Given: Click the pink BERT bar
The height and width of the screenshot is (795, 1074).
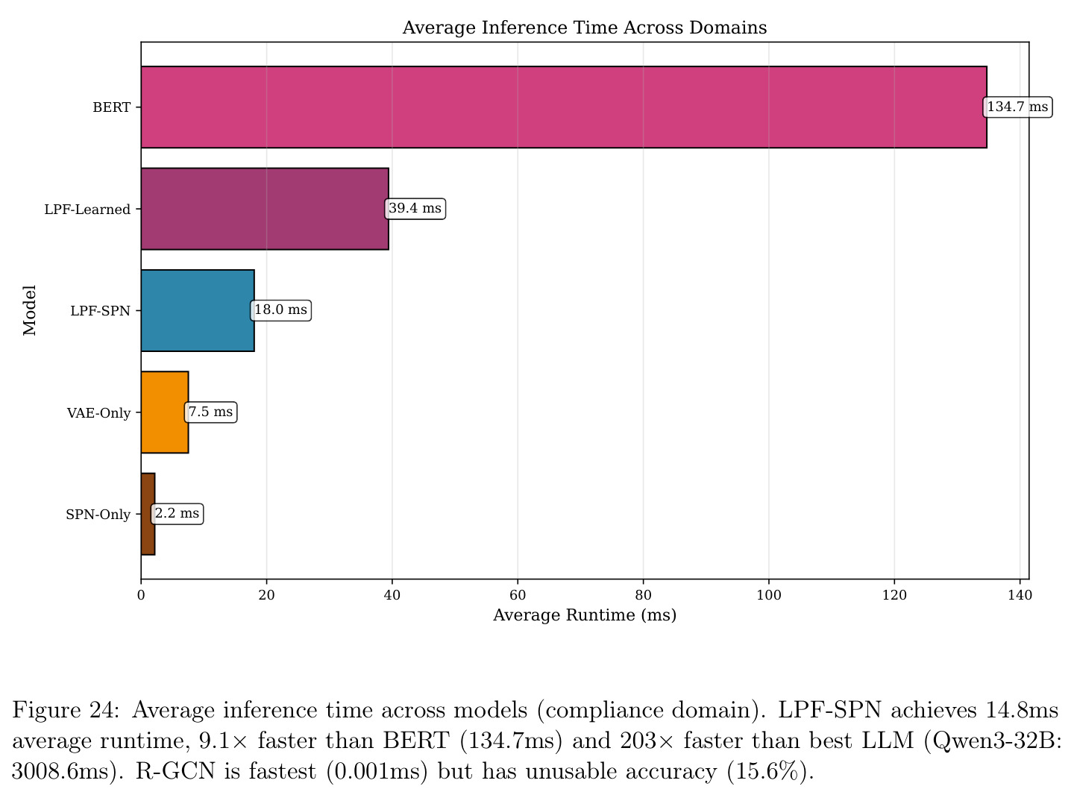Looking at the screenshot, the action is (x=564, y=107).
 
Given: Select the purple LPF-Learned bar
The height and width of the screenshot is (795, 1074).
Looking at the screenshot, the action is (x=265, y=209).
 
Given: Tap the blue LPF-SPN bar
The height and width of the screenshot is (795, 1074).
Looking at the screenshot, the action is (x=198, y=310).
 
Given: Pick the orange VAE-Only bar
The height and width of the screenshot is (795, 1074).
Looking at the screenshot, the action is (x=165, y=412).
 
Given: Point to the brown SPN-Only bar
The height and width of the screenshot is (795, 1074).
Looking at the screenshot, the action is (x=148, y=514).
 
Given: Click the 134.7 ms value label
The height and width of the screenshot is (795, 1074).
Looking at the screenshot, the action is (x=1017, y=107).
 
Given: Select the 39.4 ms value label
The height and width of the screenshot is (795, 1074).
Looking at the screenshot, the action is (x=415, y=209).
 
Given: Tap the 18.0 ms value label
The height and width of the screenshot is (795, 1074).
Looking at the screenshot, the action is (x=281, y=310).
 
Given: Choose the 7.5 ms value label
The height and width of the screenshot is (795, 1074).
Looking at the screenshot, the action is (x=210, y=412).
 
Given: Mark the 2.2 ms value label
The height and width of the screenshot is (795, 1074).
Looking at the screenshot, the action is (x=178, y=513).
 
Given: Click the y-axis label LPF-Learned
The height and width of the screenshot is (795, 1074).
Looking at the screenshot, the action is (x=87, y=209).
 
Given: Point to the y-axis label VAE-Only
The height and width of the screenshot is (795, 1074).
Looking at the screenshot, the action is (x=98, y=413).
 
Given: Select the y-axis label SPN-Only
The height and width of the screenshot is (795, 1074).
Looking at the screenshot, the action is (x=98, y=514).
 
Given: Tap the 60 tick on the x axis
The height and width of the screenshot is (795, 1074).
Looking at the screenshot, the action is (x=518, y=595).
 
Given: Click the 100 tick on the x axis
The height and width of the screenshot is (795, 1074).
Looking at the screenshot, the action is (x=769, y=595).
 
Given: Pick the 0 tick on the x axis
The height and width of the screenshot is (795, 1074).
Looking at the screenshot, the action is (x=141, y=595).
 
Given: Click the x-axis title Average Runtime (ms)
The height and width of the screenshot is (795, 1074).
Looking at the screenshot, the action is (x=585, y=615).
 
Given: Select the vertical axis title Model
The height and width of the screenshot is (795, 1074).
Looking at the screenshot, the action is (x=30, y=310).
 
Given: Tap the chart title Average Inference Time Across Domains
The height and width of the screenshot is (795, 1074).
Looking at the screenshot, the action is (x=585, y=28).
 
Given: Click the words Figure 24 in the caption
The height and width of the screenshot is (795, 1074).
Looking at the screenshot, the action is (x=66, y=710).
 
